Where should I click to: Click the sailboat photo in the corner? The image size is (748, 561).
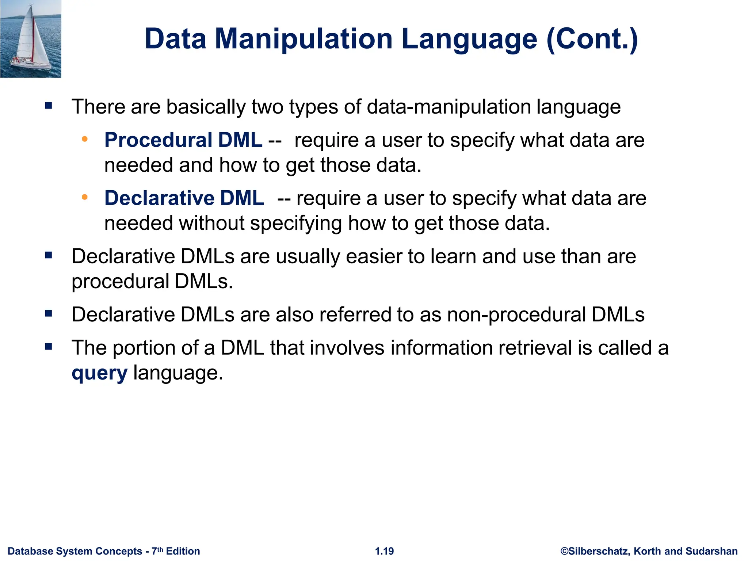[x=31, y=39]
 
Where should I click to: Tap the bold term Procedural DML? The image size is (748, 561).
[x=183, y=140]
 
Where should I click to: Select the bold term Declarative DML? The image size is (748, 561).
[x=184, y=198]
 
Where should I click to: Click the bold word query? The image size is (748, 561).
[x=99, y=373]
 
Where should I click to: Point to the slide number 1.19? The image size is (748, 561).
[x=384, y=551]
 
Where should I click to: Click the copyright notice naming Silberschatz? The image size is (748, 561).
[x=649, y=551]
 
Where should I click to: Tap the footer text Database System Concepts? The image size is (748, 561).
[x=75, y=551]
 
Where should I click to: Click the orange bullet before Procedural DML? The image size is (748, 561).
[x=85, y=139]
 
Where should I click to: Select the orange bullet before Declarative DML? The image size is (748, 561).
[x=85, y=197]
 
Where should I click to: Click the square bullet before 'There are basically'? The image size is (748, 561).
[x=49, y=106]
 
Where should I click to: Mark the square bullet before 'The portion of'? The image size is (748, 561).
[x=49, y=346]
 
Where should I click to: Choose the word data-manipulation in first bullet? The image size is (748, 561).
[x=448, y=107]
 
